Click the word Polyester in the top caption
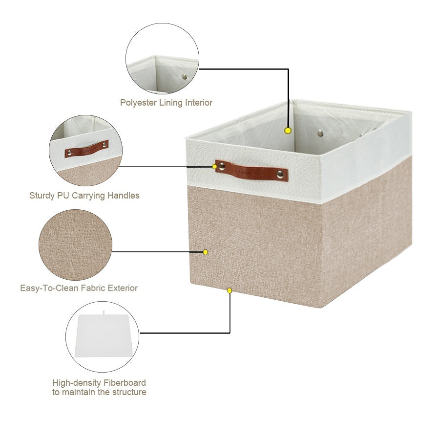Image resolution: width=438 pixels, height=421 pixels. [138, 103]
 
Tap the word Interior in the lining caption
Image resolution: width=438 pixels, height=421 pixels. [199, 102]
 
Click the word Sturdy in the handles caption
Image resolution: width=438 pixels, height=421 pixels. [42, 196]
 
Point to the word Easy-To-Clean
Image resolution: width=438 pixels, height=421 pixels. [50, 288]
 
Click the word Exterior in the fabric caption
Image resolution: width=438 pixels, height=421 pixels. [123, 288]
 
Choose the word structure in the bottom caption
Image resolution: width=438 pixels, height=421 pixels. [129, 392]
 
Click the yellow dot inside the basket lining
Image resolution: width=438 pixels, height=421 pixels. [288, 131]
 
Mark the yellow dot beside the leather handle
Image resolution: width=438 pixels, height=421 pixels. [214, 167]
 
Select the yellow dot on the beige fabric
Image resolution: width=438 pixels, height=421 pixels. [205, 252]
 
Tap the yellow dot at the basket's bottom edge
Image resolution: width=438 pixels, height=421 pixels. [229, 290]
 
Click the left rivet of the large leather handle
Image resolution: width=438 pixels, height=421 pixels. [222, 167]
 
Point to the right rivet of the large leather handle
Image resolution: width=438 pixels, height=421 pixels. [280, 175]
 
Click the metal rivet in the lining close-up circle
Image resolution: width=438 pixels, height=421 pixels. [185, 77]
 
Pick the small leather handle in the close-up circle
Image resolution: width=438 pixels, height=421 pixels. [86, 149]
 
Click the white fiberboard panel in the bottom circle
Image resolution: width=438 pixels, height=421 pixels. [103, 336]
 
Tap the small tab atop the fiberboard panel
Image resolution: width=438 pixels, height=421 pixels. [104, 312]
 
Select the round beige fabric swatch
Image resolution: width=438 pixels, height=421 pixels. [75, 245]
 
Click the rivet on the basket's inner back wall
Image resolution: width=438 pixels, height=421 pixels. [320, 133]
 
